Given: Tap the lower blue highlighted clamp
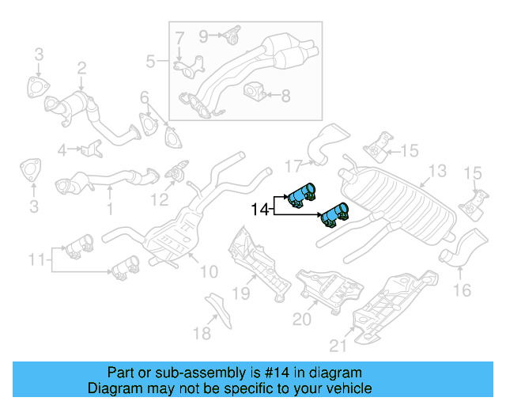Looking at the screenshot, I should [x=334, y=214].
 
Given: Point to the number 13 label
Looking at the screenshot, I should [x=437, y=170].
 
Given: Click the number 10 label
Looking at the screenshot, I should [x=208, y=272].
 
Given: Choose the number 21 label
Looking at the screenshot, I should [x=338, y=345].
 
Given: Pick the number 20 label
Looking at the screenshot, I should [x=302, y=319].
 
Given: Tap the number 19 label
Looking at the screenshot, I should [x=240, y=293].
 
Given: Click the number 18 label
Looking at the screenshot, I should [x=202, y=333].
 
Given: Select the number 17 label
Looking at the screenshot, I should [x=293, y=166].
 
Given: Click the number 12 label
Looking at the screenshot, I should [x=160, y=199].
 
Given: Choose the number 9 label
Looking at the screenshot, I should [x=203, y=35].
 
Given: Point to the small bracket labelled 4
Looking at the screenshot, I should [x=93, y=148].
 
